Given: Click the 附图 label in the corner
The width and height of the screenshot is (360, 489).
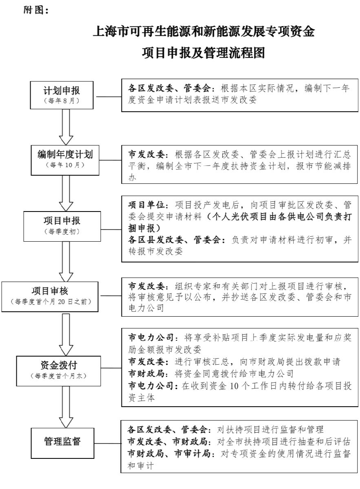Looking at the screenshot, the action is tap(36, 10).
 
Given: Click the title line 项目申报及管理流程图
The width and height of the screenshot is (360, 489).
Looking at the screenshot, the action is tap(203, 53).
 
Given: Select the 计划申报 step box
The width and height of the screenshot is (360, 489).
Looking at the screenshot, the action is tap(62, 95).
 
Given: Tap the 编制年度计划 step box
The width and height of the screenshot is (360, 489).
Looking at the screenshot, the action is tap(65, 160).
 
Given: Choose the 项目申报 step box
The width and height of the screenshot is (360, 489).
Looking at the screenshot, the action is tap(62, 226).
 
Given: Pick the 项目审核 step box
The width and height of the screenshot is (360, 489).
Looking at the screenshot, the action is tap(50, 297).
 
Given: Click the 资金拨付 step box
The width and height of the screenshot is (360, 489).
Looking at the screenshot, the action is tap(59, 371).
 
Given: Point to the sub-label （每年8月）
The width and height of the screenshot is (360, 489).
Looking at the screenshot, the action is tap(62, 101).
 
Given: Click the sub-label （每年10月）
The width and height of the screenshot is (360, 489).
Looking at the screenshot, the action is tap(65, 165).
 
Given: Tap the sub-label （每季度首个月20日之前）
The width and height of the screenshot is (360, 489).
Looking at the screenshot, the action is tap(51, 302).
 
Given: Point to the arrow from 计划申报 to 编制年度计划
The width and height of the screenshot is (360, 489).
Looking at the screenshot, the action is tap(66, 127).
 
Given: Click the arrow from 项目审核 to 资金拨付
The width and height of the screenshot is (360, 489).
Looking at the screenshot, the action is tap(66, 335).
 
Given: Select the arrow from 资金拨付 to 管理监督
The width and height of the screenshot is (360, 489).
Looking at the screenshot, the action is tap(66, 407).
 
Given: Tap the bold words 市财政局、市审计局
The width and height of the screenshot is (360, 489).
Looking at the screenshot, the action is tap(169, 453).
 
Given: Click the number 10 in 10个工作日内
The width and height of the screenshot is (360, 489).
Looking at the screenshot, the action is tap(234, 386).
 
